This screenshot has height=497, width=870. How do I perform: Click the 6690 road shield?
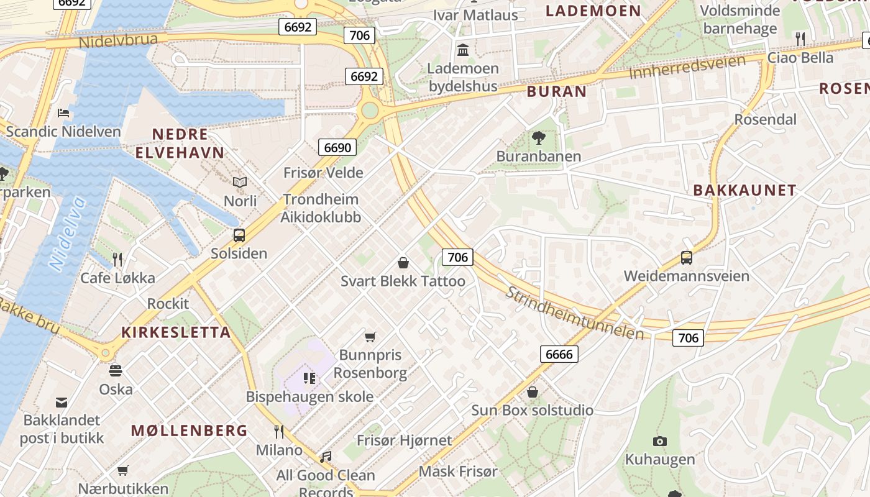click(337, 147)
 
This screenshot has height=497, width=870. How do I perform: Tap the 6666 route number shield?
click(559, 354)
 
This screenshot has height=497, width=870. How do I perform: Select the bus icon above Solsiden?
click(239, 235)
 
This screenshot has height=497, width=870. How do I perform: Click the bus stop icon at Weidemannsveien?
click(687, 258)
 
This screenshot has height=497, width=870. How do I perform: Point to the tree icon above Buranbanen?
click(539, 138)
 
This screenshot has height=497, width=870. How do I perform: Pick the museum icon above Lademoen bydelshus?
click(463, 50)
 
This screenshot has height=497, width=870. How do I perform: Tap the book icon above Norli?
click(240, 183)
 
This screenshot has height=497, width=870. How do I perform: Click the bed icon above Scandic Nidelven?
click(63, 113)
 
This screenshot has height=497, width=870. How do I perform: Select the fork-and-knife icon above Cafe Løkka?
click(117, 259)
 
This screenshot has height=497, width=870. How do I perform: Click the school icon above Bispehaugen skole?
click(309, 378)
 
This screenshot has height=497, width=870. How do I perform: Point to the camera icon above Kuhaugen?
click(660, 441)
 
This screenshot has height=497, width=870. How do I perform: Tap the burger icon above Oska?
click(116, 371)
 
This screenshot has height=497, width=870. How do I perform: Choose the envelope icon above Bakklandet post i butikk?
click(62, 402)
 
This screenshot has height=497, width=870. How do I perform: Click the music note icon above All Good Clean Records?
click(326, 457)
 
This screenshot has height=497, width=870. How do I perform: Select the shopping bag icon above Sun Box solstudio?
click(533, 392)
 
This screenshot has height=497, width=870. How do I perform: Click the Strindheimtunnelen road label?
click(574, 313)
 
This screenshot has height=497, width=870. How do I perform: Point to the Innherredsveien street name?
click(687, 67)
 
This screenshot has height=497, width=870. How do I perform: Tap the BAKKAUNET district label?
click(744, 191)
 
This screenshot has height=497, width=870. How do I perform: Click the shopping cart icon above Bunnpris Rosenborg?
click(370, 337)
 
